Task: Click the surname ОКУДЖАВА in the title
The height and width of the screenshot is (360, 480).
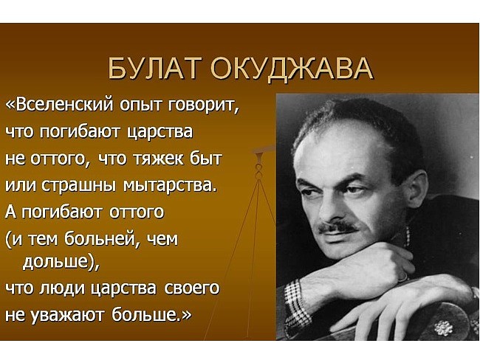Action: (292, 69)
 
